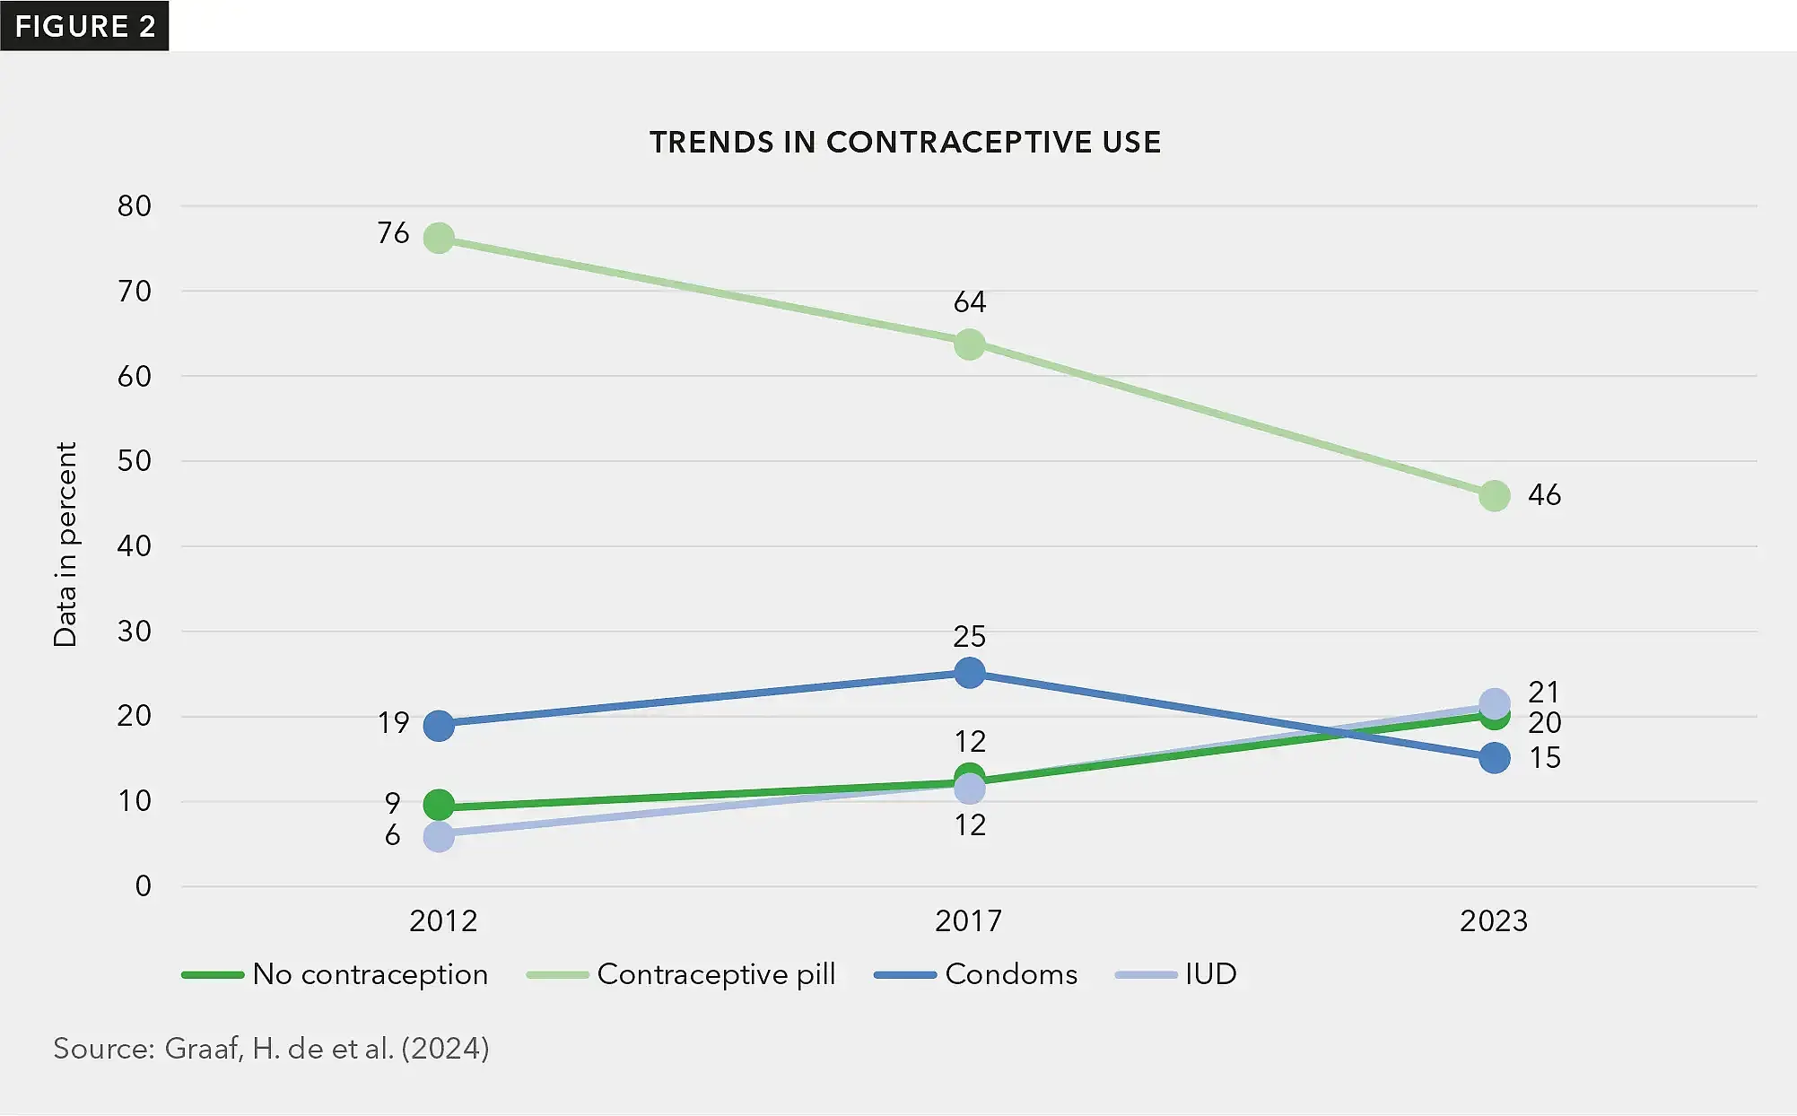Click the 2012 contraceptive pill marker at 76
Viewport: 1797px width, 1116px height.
tap(439, 238)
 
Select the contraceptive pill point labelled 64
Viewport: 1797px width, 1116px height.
tap(969, 344)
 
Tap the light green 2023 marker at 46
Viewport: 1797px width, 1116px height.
tap(1494, 495)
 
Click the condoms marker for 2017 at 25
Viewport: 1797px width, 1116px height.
tap(969, 672)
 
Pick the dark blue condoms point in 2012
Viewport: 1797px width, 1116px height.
tap(439, 725)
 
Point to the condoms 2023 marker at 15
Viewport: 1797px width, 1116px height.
tap(1494, 758)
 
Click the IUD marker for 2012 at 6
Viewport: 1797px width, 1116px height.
tap(439, 836)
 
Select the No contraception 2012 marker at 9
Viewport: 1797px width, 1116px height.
tap(439, 805)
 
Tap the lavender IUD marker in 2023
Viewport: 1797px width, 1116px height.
tap(1494, 702)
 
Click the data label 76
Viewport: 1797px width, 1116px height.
tap(393, 233)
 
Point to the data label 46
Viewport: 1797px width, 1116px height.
tap(1544, 494)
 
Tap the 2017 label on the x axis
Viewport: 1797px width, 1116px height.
tap(968, 920)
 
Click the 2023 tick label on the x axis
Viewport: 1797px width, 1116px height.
tap(1493, 920)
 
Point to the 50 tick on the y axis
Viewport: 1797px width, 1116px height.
tap(135, 460)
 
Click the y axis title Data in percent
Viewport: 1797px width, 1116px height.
tap(65, 544)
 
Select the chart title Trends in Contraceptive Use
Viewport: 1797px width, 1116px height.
tap(905, 142)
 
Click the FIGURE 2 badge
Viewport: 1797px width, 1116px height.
tap(85, 26)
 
